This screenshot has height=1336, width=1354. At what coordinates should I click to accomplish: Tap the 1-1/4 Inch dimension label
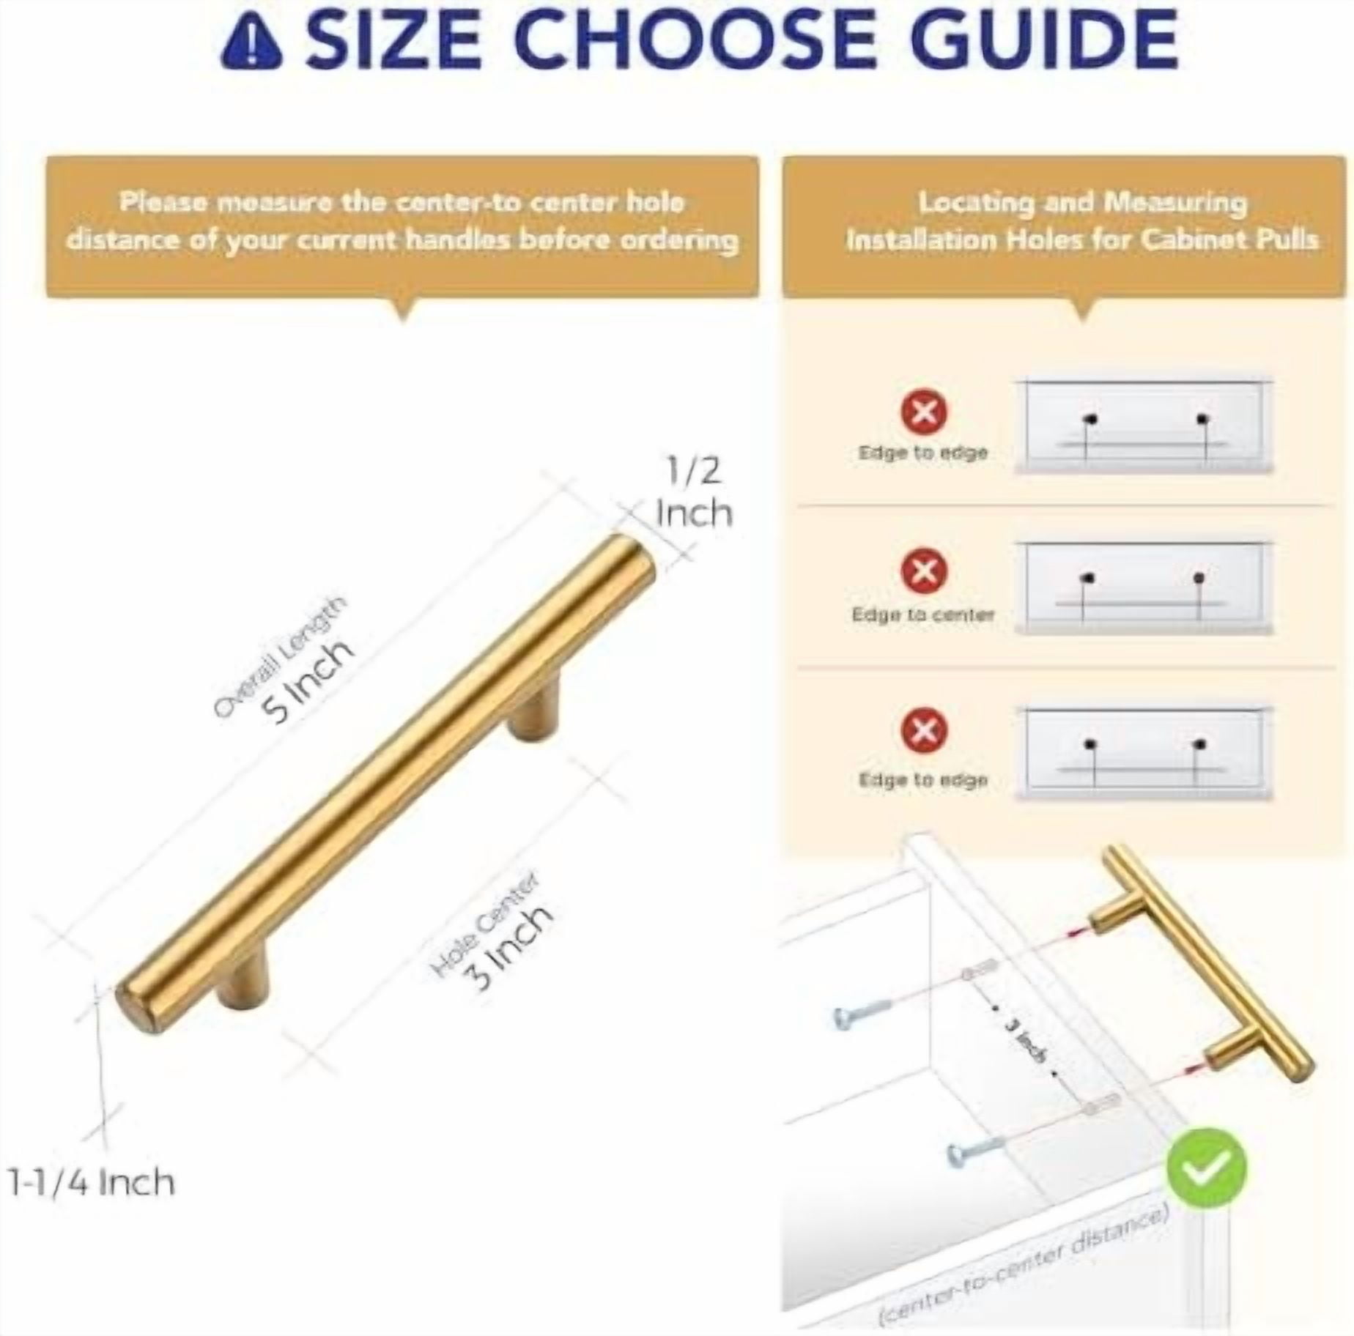tap(92, 1183)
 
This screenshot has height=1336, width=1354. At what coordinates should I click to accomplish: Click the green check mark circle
tap(1205, 1168)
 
